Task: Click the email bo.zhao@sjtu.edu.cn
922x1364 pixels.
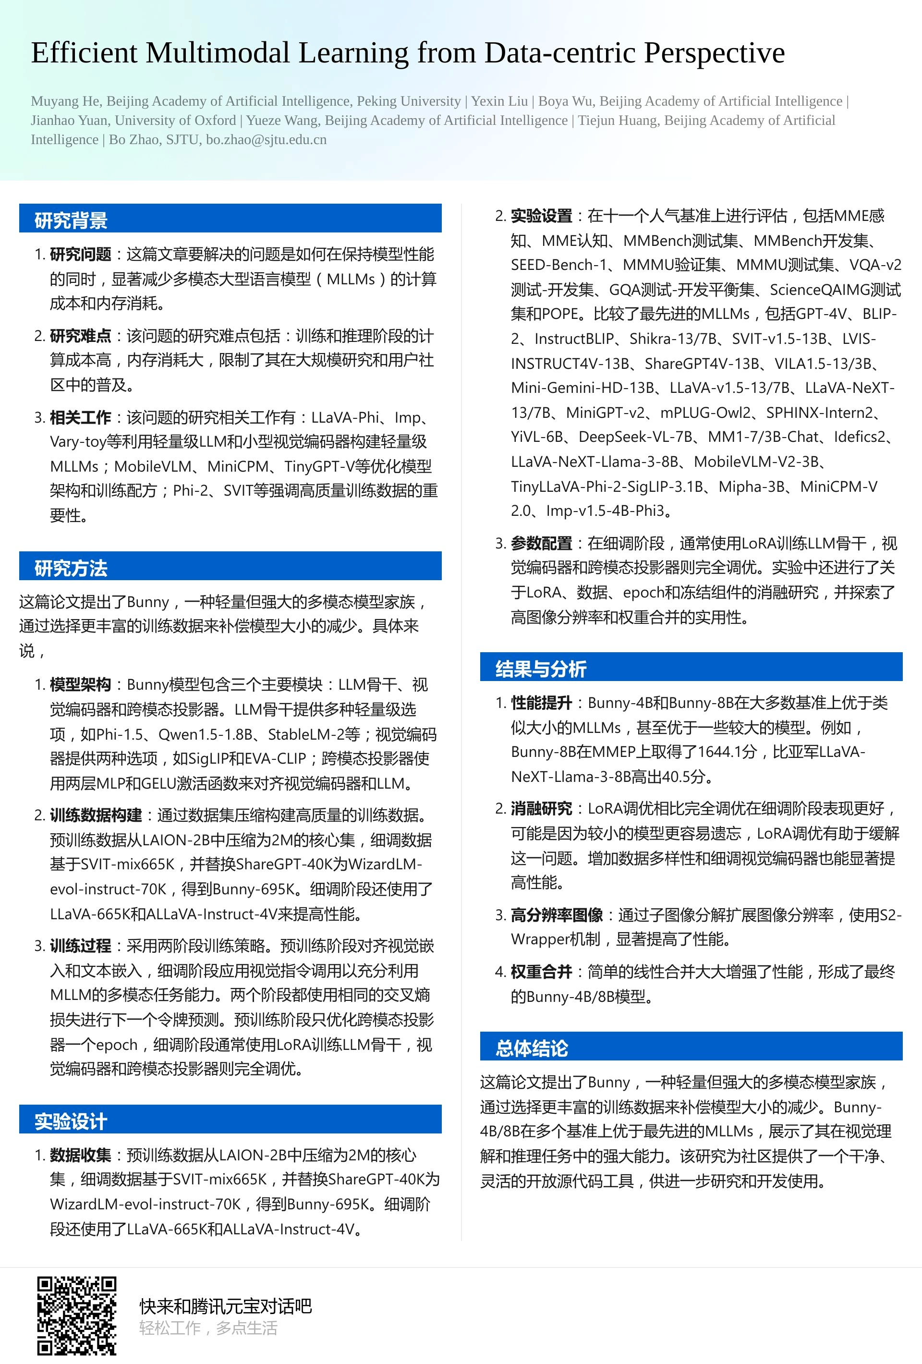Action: tap(266, 140)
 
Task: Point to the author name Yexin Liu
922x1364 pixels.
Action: tap(499, 101)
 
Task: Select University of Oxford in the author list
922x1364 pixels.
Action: tap(175, 121)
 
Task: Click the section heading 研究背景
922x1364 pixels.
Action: tap(71, 220)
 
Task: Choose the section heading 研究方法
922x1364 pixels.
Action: tap(71, 568)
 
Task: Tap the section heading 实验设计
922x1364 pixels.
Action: tap(71, 1121)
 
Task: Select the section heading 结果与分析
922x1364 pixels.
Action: tap(541, 669)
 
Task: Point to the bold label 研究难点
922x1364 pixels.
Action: tap(80, 336)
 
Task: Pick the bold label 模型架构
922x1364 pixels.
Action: tap(80, 684)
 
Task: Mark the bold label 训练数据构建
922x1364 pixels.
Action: tap(96, 815)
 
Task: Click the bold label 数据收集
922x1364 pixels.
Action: tap(80, 1155)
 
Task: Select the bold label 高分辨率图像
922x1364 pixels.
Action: tap(557, 914)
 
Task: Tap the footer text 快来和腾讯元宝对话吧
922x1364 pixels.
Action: tap(225, 1306)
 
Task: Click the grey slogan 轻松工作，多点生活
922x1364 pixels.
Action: tap(208, 1328)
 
